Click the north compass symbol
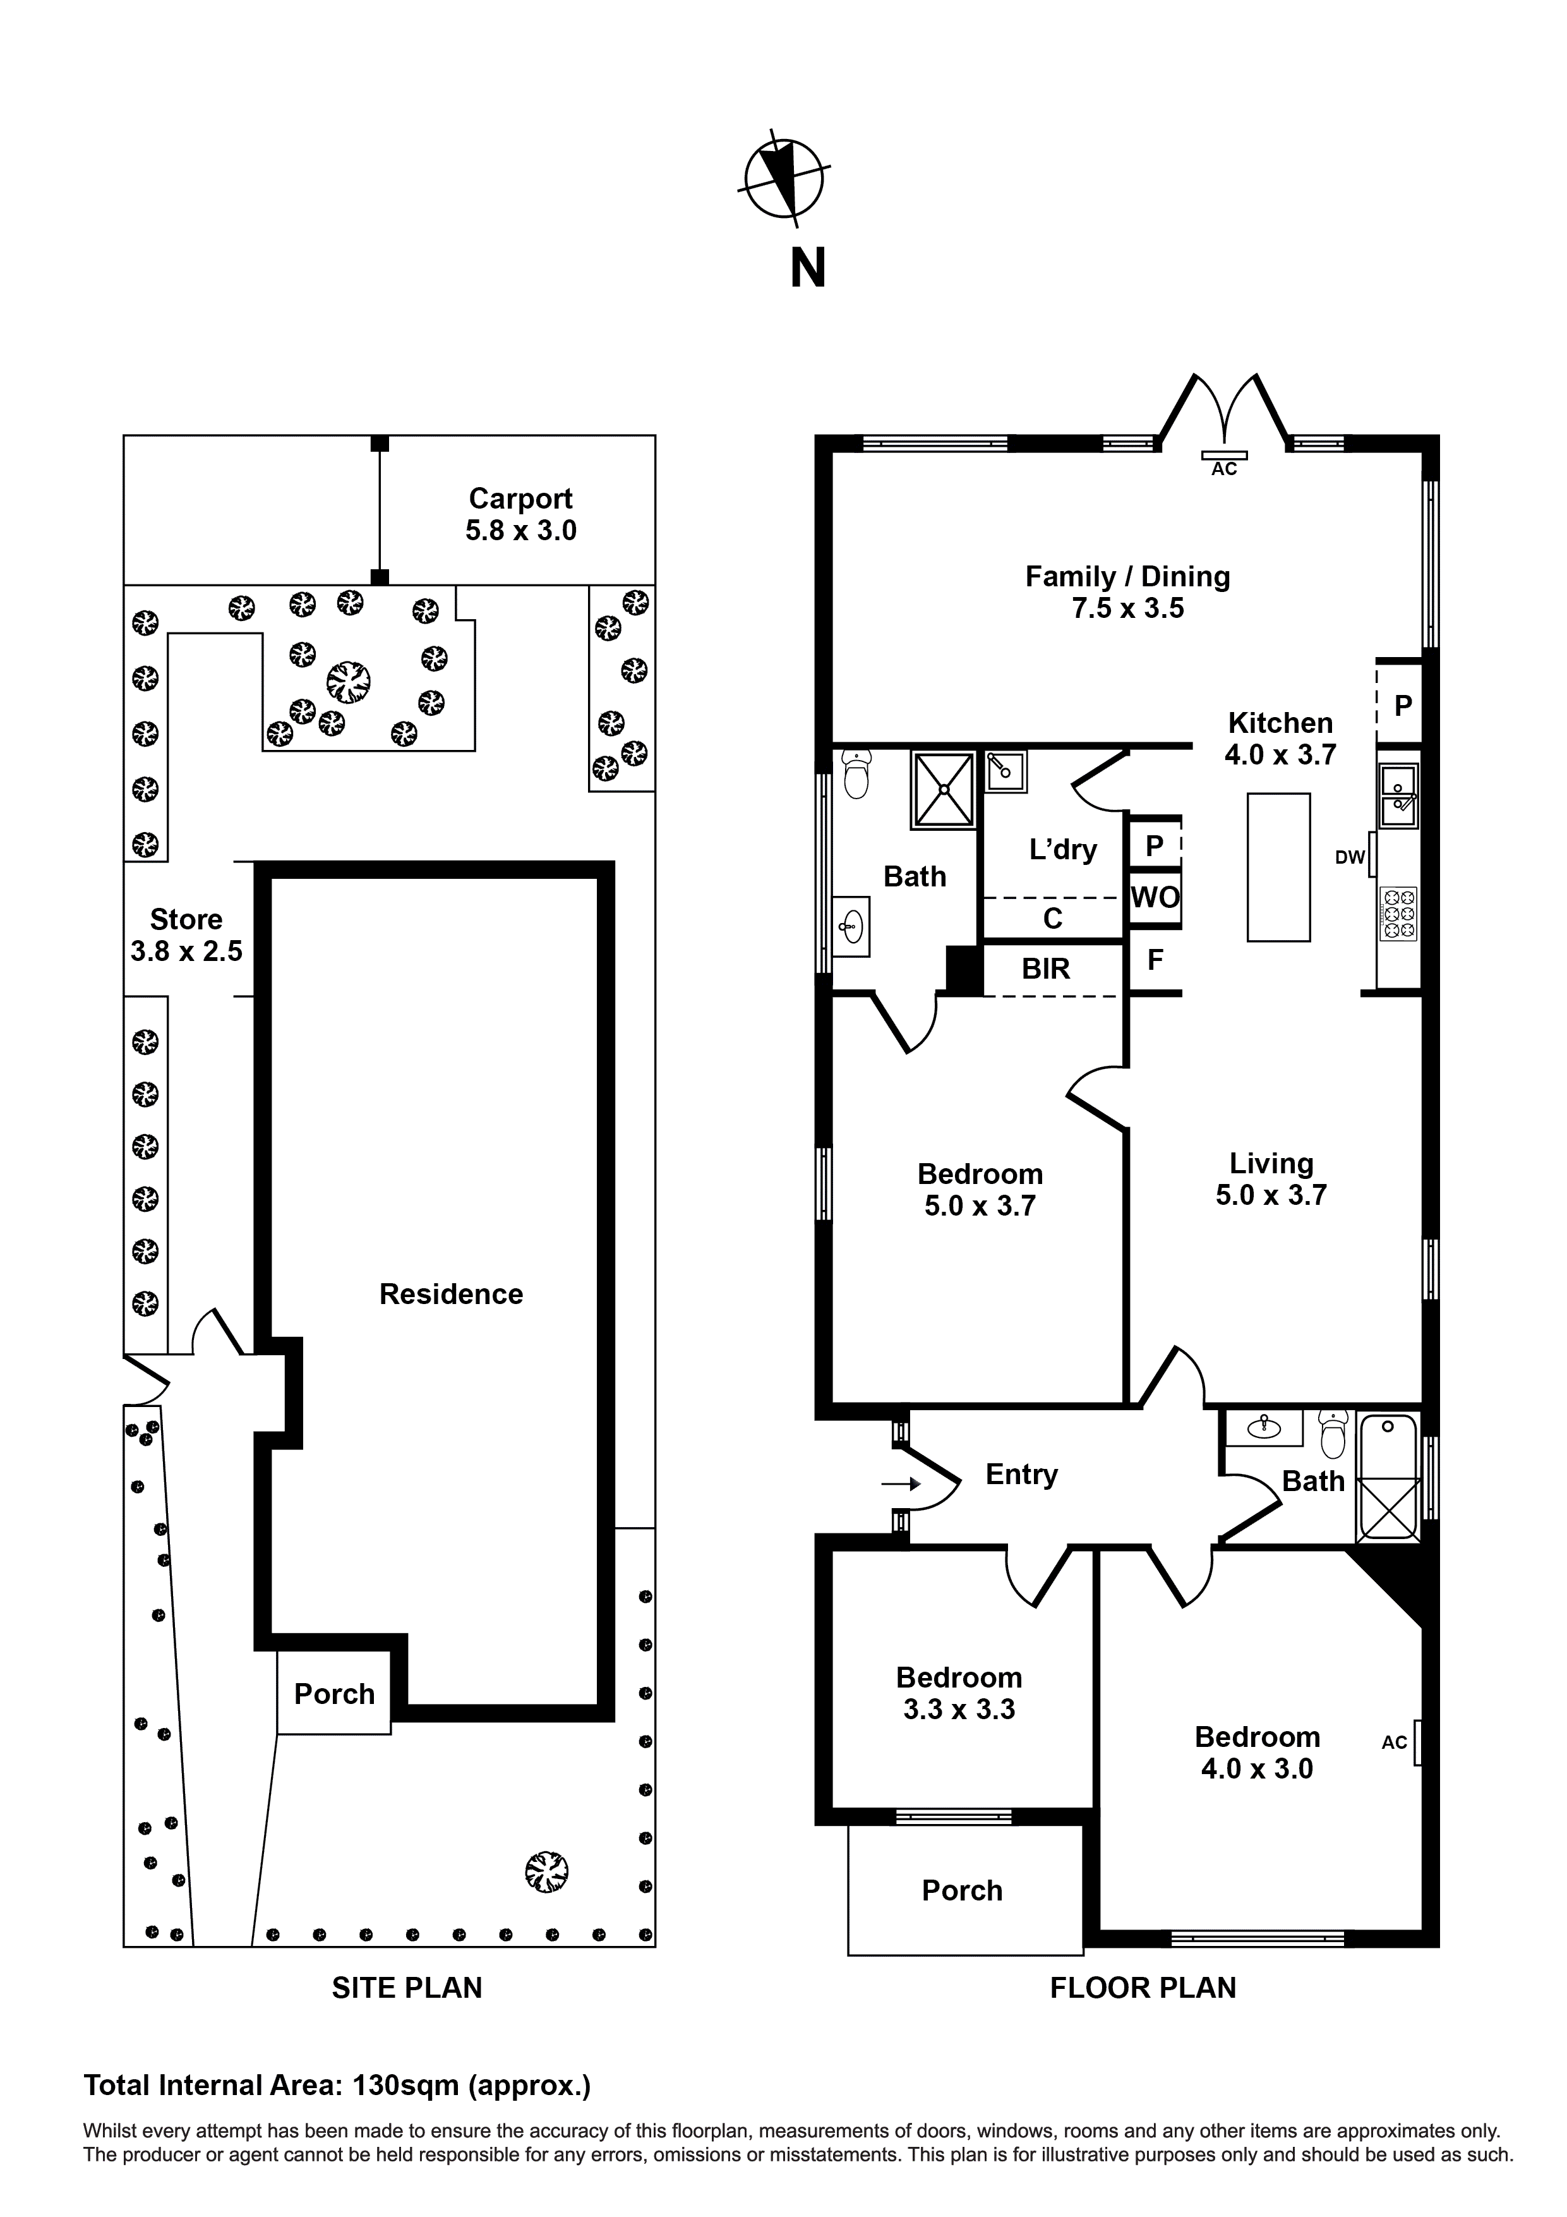(784, 179)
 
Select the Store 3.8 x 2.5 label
(186, 934)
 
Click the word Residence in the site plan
(451, 1294)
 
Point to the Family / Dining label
(1127, 592)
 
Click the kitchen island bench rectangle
(1278, 867)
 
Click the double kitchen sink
(1397, 795)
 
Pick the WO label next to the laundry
(1155, 898)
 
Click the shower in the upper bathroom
(943, 789)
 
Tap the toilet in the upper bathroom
(855, 775)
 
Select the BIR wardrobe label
(1046, 969)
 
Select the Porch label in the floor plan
(962, 1890)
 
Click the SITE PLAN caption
(407, 1987)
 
